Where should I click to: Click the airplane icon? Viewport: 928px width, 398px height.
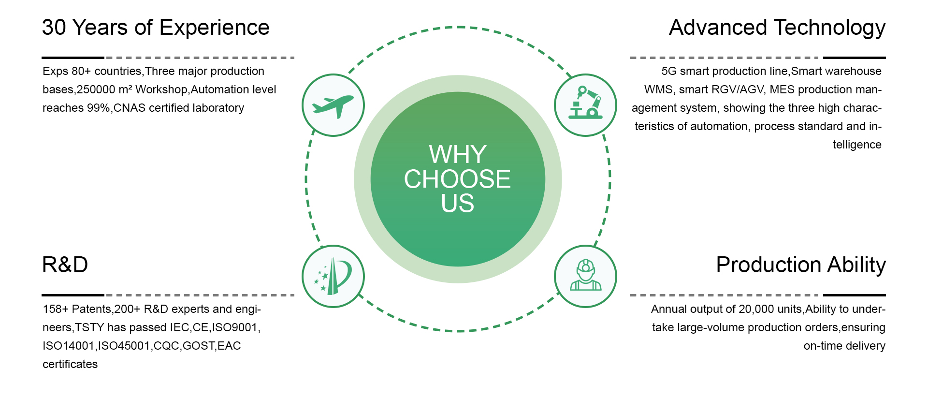(x=333, y=106)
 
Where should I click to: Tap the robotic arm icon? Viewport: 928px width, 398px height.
(x=585, y=103)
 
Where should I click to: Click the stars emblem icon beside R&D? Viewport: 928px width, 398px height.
(x=333, y=277)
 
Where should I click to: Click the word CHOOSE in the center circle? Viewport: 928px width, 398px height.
(x=457, y=179)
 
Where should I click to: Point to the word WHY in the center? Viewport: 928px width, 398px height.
(x=457, y=155)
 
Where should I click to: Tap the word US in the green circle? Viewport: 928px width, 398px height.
(x=457, y=203)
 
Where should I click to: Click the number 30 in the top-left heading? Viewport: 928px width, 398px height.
(x=54, y=28)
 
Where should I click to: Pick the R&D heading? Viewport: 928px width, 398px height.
(x=65, y=265)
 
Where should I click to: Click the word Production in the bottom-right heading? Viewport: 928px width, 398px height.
(x=768, y=265)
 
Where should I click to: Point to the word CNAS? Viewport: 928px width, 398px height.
(x=130, y=108)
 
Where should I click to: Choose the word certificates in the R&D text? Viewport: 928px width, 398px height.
(x=70, y=364)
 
